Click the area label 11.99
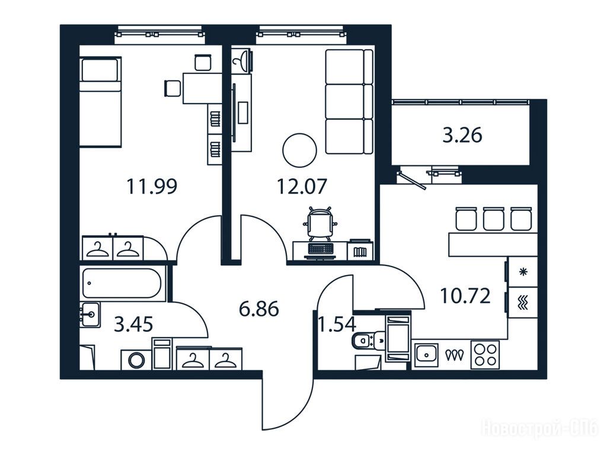tap(152, 186)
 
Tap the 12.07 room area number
tap(302, 186)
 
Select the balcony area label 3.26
tap(462, 136)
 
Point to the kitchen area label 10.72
tap(465, 296)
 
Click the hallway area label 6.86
tap(259, 309)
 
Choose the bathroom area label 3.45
tap(133, 324)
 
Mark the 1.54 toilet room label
tap(337, 324)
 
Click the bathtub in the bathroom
tap(122, 283)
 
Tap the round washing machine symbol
tap(136, 360)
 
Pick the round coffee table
tap(299, 150)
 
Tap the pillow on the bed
tap(100, 70)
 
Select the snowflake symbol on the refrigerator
tap(523, 271)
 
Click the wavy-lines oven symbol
tap(523, 302)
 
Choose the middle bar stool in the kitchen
tap(494, 219)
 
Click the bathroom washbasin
tap(90, 314)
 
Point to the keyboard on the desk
tap(320, 248)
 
